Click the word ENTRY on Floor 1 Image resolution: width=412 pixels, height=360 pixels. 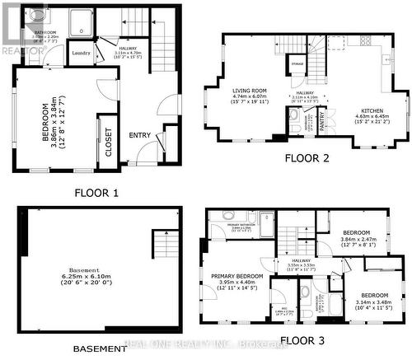[138, 136]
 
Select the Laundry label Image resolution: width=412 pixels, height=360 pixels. [81, 54]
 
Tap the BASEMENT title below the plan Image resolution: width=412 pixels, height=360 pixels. [100, 348]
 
